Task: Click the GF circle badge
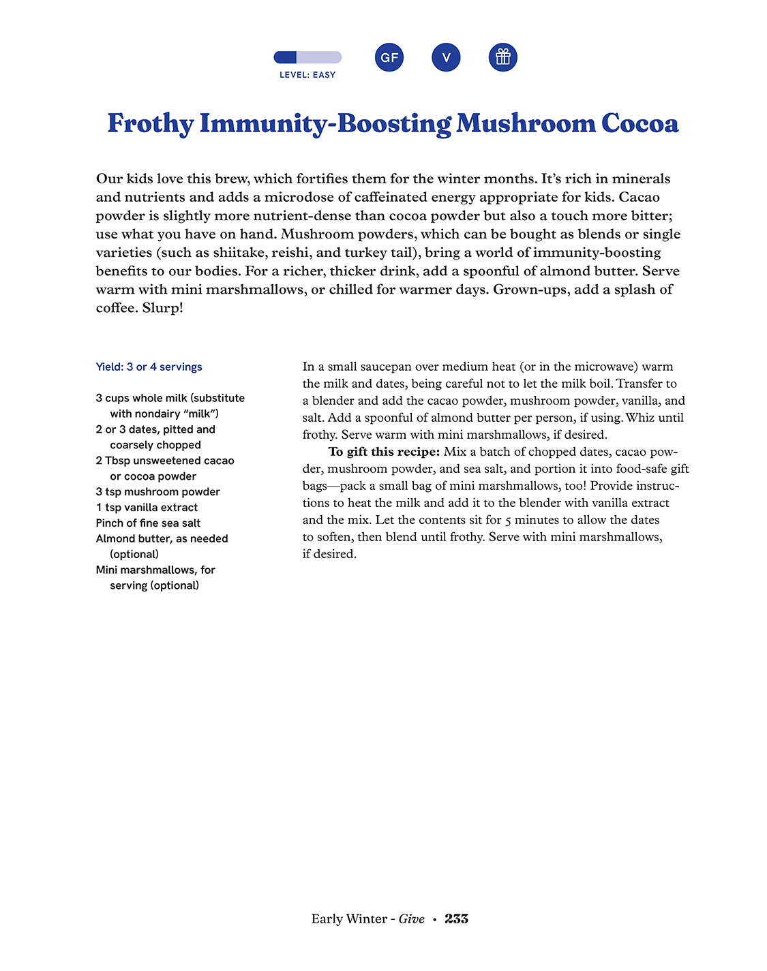point(389,57)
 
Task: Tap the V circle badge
point(446,57)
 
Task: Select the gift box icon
point(503,57)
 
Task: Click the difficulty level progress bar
point(307,57)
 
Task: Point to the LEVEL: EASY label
point(307,75)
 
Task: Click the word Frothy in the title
point(151,124)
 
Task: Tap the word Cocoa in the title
point(640,124)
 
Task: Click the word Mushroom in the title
point(526,124)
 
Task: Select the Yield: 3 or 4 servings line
point(149,367)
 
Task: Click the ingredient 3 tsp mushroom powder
point(157,491)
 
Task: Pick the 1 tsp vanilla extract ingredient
point(147,507)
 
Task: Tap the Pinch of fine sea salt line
point(148,523)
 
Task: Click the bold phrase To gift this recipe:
point(384,452)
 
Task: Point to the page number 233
point(456,919)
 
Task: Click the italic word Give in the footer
point(411,919)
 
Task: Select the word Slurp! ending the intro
point(163,307)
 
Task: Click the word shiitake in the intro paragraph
point(239,252)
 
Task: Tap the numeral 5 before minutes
point(508,521)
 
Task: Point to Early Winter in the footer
point(349,919)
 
